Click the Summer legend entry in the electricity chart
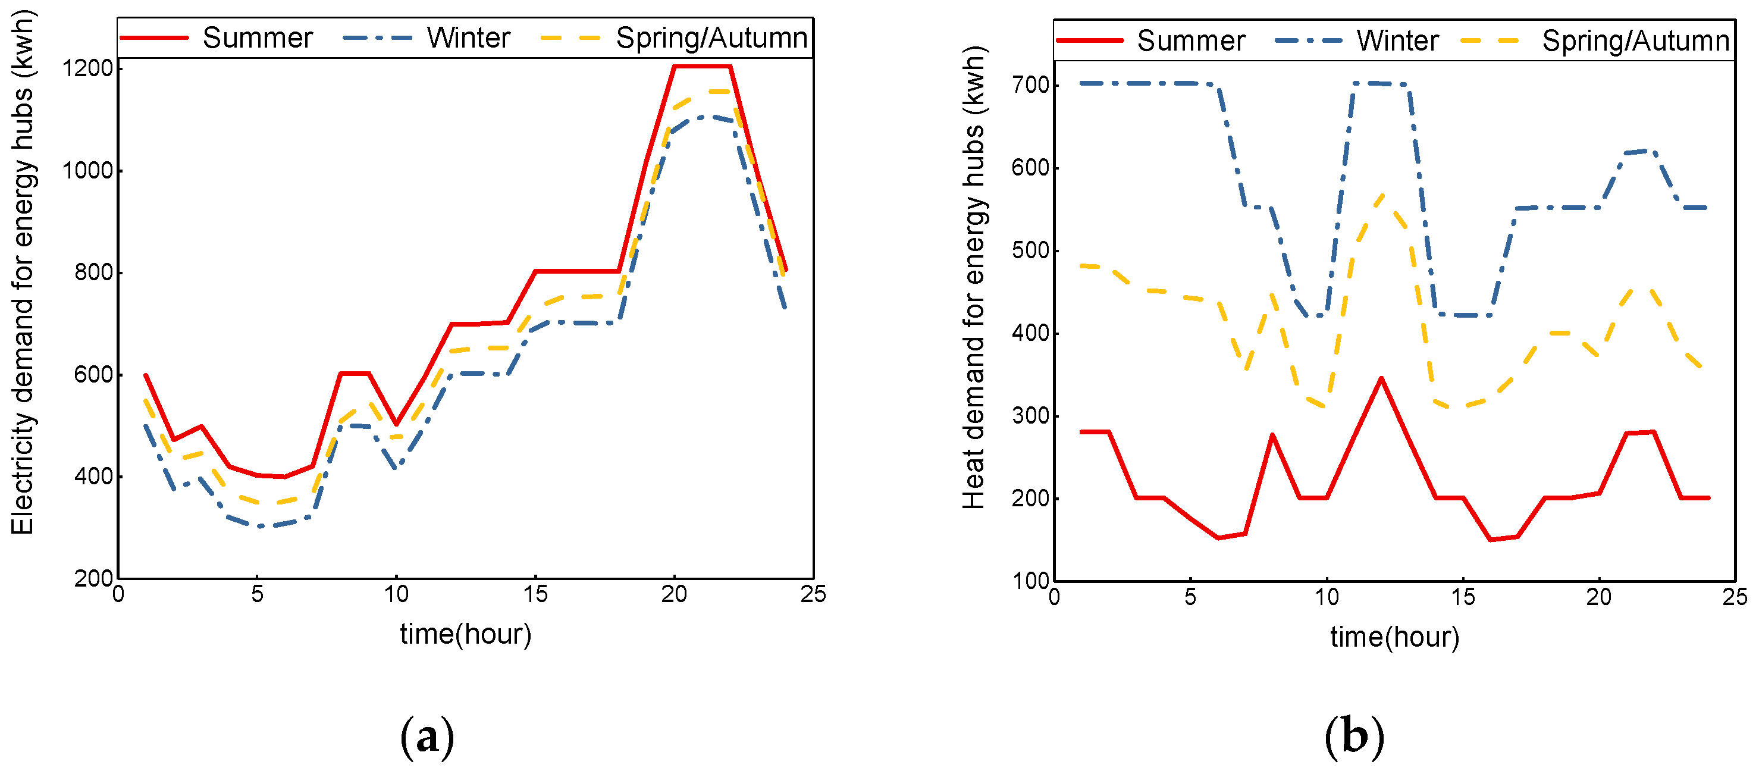tap(257, 37)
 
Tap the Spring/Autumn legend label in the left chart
tap(711, 37)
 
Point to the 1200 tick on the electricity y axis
tap(87, 68)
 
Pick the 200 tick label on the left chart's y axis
tap(93, 579)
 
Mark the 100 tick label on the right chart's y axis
tap(1029, 581)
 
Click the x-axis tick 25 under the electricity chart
tap(813, 594)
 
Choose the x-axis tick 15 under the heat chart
tap(1463, 597)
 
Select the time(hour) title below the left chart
tap(466, 634)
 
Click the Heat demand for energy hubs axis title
tap(974, 277)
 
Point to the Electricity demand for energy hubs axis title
tap(23, 273)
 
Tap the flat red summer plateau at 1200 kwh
tap(702, 66)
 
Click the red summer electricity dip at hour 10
tap(396, 424)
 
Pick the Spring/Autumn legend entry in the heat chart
tap(1635, 40)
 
